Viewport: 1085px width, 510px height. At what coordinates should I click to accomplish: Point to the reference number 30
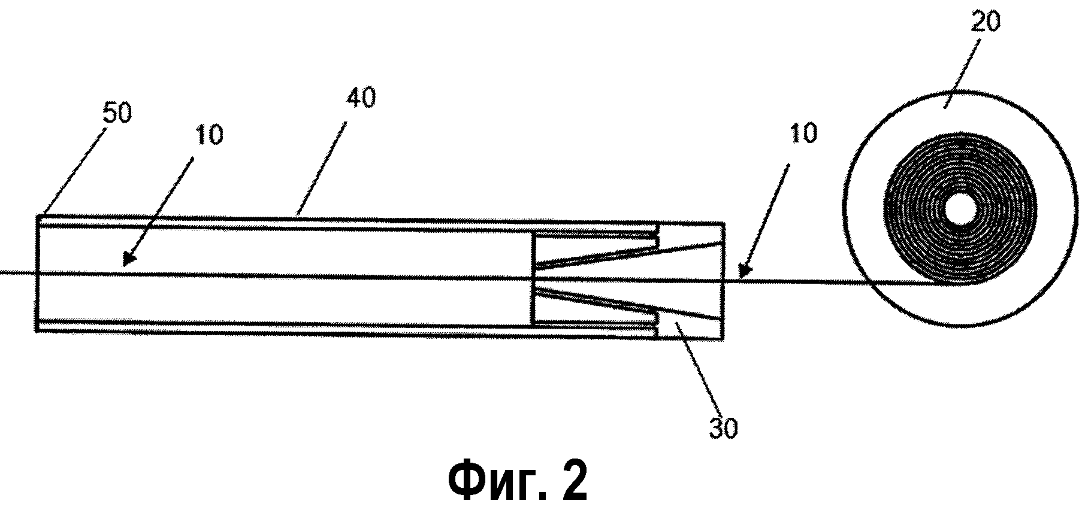point(724,429)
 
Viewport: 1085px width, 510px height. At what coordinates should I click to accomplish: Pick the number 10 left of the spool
point(803,133)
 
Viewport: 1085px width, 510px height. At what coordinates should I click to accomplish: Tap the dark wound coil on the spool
point(960,180)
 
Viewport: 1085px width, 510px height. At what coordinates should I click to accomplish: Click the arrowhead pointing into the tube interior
point(127,259)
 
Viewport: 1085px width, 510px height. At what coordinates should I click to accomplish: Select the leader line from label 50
point(69,171)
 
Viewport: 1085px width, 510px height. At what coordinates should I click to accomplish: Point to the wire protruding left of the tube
point(18,274)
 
